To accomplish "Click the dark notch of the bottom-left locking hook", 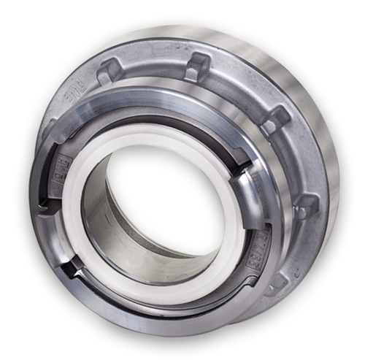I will (x=69, y=271).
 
